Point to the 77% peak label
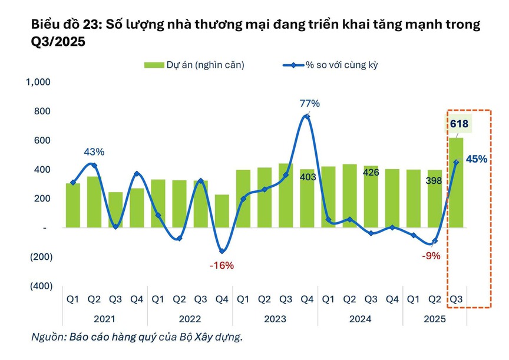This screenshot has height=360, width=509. pos(310,104)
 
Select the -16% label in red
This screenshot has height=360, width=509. pos(222,266)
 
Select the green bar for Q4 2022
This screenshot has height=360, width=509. pos(222,211)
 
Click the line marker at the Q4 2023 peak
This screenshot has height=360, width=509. pos(307,117)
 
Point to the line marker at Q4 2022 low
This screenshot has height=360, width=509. pos(222,251)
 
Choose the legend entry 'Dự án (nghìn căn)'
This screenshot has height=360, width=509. pos(194,65)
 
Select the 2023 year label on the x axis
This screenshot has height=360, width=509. pos(275,319)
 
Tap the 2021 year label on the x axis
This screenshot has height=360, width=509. pos(105,319)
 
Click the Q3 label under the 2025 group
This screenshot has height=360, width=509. pos(456,299)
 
